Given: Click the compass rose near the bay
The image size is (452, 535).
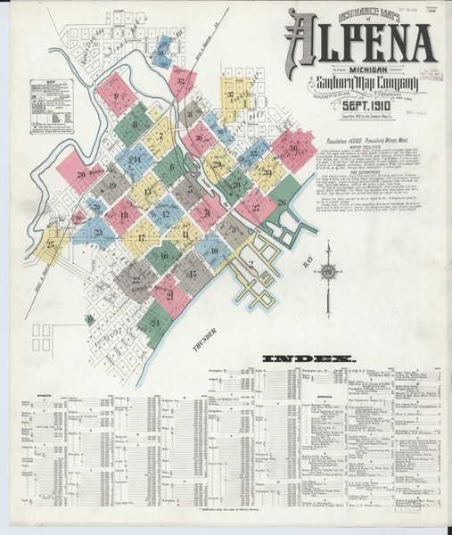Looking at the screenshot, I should point(328,274).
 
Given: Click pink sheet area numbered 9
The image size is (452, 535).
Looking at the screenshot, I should point(115,90).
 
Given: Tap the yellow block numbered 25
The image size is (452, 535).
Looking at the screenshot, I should point(51,243).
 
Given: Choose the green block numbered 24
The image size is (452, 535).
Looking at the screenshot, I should point(154,323).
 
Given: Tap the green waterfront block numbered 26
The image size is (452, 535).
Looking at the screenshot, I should point(282,203).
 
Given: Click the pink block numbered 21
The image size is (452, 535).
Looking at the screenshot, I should point(168,294).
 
